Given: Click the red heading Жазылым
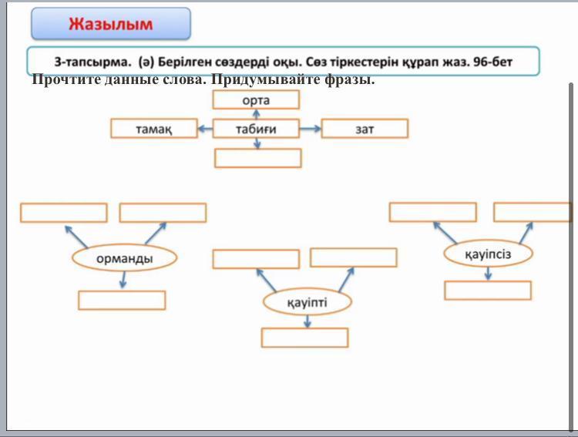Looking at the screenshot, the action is point(110,24).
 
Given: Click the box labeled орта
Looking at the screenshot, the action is point(256,99).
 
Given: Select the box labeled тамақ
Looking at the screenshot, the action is point(154,129).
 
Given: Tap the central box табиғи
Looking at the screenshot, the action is point(256,129).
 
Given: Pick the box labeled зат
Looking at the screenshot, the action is point(365,129).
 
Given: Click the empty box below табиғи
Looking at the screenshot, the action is point(258,158).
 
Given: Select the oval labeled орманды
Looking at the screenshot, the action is point(125,258).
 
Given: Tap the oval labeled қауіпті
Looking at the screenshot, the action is point(307,302).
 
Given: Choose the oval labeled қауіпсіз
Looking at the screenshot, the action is point(488,254).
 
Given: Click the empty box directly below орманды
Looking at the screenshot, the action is point(122,300).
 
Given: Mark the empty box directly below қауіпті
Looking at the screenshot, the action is point(305,338).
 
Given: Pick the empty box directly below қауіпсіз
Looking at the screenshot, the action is point(488,291).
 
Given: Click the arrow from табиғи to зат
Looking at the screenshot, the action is point(310,129).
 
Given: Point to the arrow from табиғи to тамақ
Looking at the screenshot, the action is point(205,129).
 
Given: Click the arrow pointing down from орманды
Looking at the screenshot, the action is point(123,280).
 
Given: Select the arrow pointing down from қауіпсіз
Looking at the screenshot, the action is point(488,274).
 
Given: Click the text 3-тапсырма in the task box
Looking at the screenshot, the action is point(92,62).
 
